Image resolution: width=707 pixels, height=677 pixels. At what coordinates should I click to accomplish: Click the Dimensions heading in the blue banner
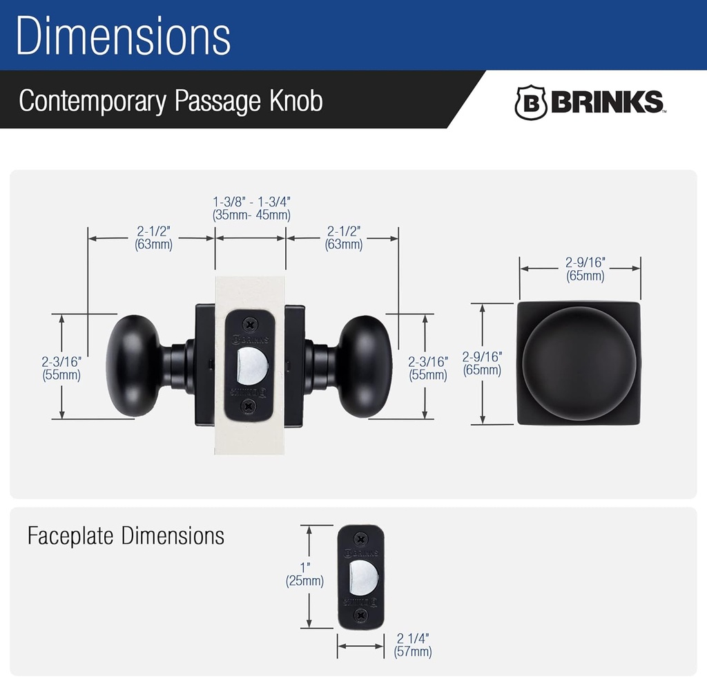(x=123, y=36)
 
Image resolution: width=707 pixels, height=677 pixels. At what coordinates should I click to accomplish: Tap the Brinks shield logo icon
(x=531, y=102)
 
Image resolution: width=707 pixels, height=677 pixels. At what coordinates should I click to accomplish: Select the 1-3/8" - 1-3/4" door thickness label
(x=251, y=208)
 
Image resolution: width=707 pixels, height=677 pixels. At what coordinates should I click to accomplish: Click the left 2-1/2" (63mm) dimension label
(x=153, y=237)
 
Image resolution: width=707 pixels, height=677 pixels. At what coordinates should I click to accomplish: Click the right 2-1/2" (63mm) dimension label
(x=343, y=237)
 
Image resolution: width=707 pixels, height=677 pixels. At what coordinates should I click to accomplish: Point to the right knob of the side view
(x=365, y=367)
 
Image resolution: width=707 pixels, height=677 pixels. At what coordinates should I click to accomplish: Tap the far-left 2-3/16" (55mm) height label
(x=61, y=368)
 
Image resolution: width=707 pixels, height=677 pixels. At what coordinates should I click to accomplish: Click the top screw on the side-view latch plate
(x=250, y=323)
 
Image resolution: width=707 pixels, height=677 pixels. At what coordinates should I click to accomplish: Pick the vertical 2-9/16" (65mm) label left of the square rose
(x=482, y=363)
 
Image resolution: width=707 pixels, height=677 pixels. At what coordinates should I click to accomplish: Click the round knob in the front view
(x=579, y=363)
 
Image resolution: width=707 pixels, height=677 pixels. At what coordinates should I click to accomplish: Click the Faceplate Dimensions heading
(x=126, y=535)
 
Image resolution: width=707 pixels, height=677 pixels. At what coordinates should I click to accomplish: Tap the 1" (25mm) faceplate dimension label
(x=304, y=575)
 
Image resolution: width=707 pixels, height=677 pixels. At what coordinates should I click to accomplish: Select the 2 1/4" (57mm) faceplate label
(x=413, y=645)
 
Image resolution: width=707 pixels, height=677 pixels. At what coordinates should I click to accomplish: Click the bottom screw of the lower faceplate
(x=359, y=615)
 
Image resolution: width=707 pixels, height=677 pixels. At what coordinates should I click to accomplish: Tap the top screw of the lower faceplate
(x=359, y=538)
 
